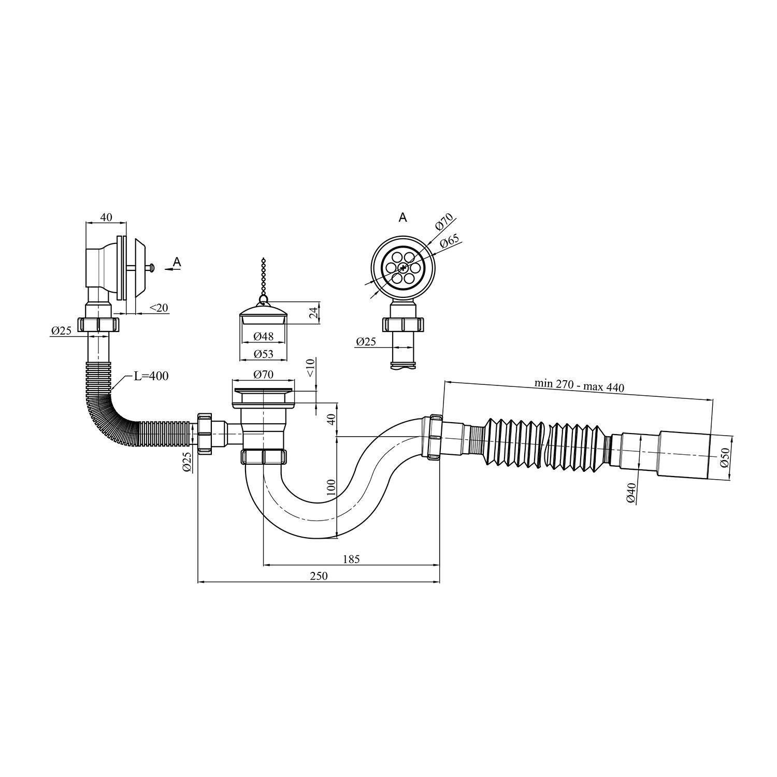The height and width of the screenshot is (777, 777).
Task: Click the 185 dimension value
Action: [351, 559]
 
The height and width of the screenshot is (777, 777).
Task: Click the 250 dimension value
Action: [320, 576]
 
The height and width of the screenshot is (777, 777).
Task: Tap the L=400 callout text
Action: [151, 376]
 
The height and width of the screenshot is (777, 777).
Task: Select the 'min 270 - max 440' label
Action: [580, 386]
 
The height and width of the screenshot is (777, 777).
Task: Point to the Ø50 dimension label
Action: [725, 457]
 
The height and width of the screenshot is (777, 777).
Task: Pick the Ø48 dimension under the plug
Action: [264, 336]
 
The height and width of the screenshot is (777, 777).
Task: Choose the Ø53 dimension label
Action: [264, 354]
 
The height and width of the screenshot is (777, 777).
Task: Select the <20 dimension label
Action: [159, 308]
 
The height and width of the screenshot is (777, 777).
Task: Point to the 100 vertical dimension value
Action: [332, 487]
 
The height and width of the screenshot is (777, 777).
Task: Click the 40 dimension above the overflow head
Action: [106, 218]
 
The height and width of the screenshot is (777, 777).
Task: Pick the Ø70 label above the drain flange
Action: [264, 374]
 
